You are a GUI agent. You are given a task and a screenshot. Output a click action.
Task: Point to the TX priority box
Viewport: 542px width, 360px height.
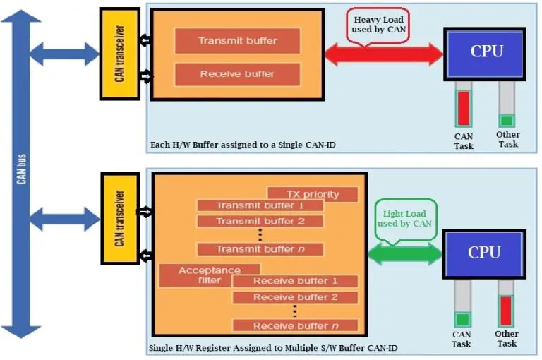tap(312, 194)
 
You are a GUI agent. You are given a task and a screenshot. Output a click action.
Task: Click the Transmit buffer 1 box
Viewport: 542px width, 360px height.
tap(260, 205)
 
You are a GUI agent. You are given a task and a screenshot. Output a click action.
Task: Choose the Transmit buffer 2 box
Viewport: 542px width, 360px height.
tap(260, 221)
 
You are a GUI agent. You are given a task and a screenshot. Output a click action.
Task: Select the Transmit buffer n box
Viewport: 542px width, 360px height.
tap(260, 249)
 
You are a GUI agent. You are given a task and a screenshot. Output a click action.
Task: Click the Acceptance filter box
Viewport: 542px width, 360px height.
tap(209, 275)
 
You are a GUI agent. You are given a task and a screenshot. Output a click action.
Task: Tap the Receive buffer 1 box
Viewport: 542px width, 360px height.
tap(295, 281)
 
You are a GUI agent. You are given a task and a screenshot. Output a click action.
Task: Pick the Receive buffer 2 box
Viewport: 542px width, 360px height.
tap(295, 297)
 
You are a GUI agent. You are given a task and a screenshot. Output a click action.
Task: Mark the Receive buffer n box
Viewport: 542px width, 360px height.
tap(295, 325)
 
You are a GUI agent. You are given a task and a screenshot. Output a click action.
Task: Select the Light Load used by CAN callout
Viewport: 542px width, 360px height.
tap(405, 218)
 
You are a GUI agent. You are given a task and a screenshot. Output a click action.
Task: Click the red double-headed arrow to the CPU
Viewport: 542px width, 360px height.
tap(383, 55)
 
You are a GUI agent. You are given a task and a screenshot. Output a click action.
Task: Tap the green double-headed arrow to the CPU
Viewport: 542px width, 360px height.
tap(404, 254)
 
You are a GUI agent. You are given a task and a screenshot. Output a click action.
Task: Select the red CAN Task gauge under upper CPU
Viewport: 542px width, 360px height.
tap(463, 107)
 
